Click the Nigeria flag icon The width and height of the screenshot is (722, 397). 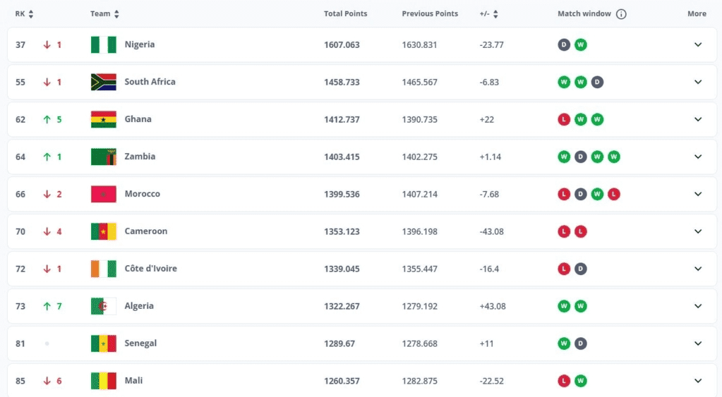tap(104, 44)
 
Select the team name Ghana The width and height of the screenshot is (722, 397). tap(138, 119)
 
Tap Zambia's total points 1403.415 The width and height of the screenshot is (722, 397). tap(342, 157)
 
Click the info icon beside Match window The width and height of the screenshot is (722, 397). tap(621, 14)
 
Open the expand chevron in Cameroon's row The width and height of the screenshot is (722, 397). tap(698, 231)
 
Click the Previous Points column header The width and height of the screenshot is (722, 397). tap(430, 14)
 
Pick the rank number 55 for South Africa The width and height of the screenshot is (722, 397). tap(20, 82)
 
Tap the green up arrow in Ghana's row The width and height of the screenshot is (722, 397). tap(47, 119)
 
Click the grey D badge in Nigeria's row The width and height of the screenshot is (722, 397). tap(564, 44)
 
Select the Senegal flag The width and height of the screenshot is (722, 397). tap(104, 343)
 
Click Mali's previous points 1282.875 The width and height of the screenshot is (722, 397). tap(419, 381)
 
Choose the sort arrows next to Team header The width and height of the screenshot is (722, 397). tap(116, 14)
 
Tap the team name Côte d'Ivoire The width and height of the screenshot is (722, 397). tap(151, 269)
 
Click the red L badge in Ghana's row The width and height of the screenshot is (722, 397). tap(564, 119)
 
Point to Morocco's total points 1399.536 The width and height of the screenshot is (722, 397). tap(342, 194)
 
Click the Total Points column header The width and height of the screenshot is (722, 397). tap(345, 14)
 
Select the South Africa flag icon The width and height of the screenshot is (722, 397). tap(104, 82)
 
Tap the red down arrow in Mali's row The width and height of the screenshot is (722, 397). tap(47, 381)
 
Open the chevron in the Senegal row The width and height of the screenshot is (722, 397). tap(698, 343)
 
